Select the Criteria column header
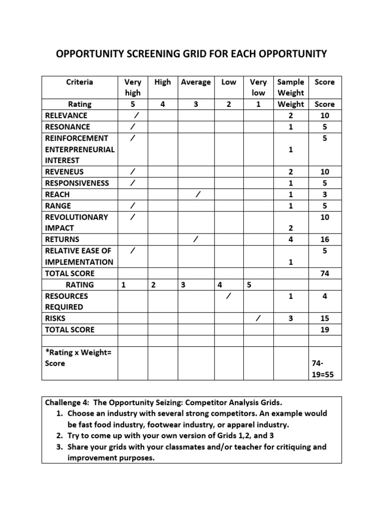[x=79, y=82]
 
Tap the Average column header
[x=195, y=82]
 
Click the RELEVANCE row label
[x=66, y=115]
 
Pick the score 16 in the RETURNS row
[x=325, y=240]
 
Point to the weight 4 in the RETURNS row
[x=291, y=240]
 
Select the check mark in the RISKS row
[x=257, y=318]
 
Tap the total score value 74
[x=325, y=273]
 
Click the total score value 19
[x=325, y=330]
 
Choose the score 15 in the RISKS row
[x=325, y=318]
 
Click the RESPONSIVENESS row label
[x=77, y=183]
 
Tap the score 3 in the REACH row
[x=325, y=195]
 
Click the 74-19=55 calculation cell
[x=325, y=369]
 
